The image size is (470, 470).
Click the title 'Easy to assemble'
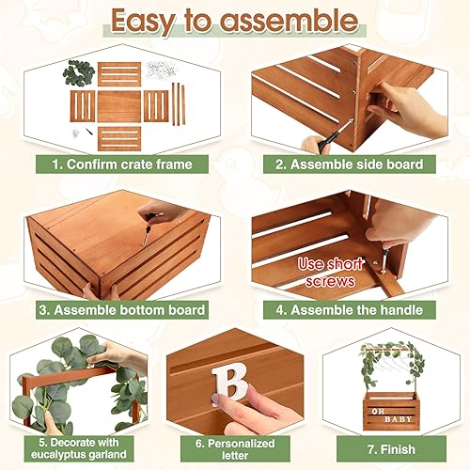[x=234, y=22]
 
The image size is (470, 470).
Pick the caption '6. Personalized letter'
[x=234, y=445]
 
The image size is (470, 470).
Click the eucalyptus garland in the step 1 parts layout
[x=78, y=73]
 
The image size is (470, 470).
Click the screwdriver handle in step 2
[x=316, y=144]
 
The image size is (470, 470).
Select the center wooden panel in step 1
[x=118, y=105]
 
